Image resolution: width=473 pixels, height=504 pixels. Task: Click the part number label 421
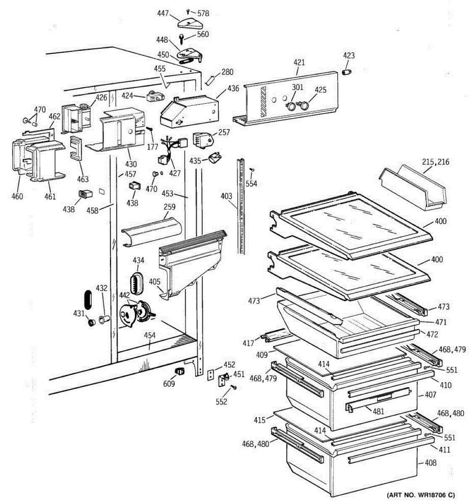(x=299, y=63)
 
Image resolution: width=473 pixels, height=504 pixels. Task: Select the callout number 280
(x=227, y=72)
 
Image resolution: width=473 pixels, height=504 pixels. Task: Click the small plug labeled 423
(x=346, y=73)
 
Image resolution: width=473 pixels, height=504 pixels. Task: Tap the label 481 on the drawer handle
(x=378, y=411)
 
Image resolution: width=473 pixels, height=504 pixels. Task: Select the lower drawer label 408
(x=430, y=463)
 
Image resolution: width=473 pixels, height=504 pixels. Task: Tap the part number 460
(x=17, y=196)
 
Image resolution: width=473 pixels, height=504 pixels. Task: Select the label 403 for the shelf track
(x=226, y=195)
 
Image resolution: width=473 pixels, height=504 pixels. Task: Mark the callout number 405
(x=155, y=282)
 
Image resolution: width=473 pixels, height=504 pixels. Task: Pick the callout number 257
(x=224, y=132)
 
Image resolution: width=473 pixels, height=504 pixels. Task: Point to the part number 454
(x=150, y=335)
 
